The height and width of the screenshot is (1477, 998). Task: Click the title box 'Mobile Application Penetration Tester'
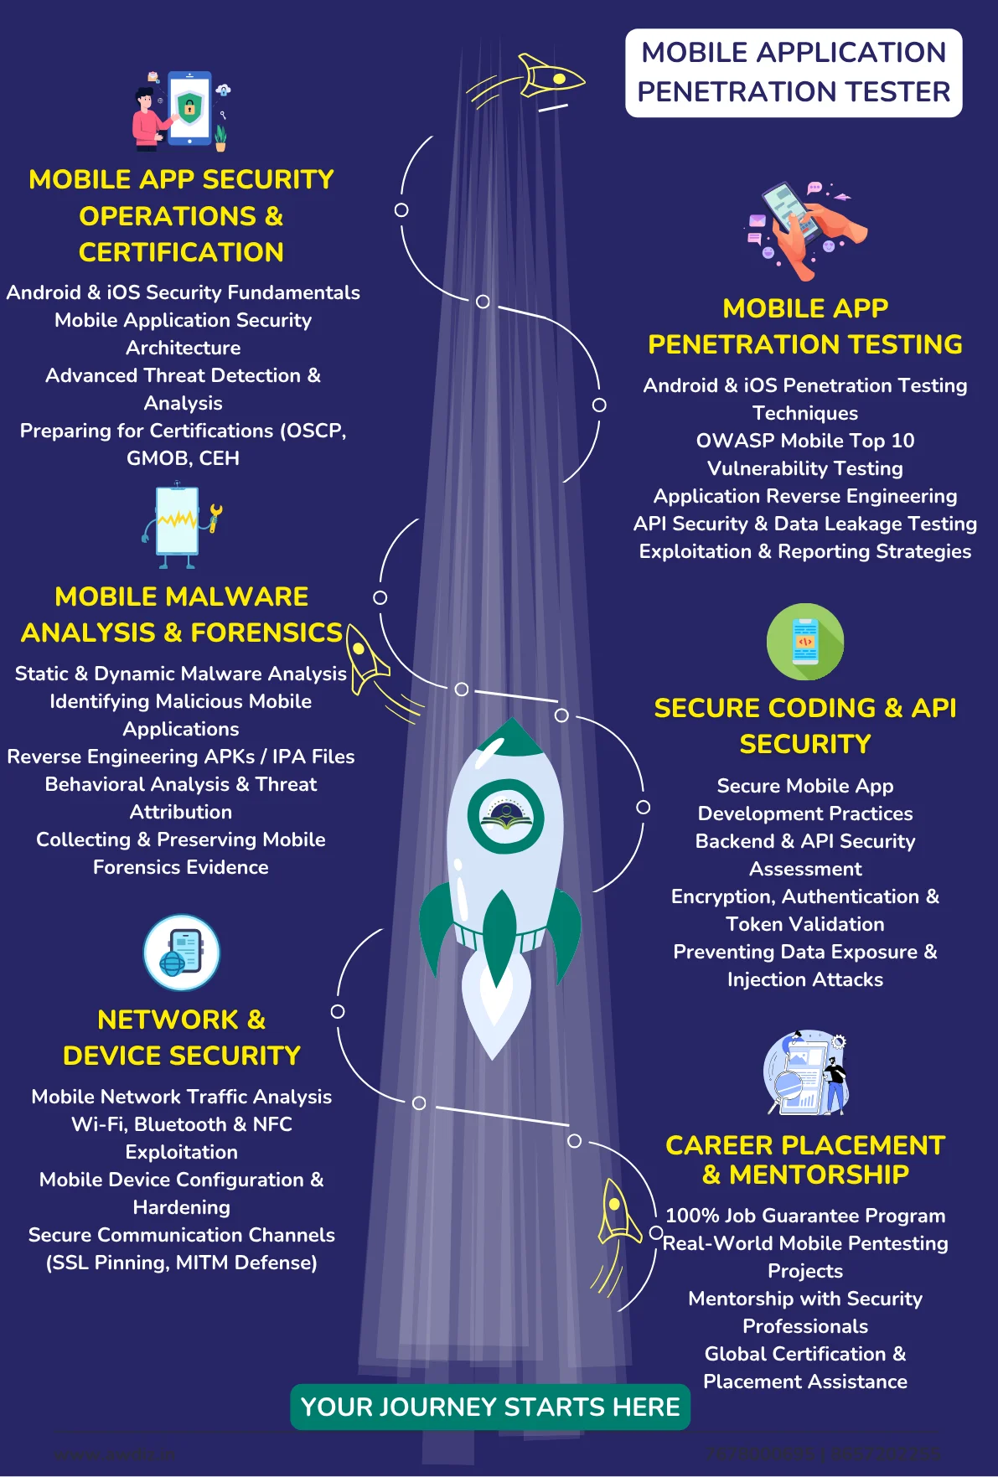click(x=793, y=73)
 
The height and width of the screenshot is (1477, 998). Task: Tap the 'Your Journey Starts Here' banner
click(x=490, y=1407)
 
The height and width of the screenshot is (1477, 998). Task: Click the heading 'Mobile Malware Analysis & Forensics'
click(x=181, y=614)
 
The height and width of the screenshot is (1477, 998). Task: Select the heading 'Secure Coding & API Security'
click(x=804, y=726)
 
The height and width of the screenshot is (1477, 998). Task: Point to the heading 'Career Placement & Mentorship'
click(x=804, y=1159)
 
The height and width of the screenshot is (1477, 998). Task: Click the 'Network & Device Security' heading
click(x=181, y=1037)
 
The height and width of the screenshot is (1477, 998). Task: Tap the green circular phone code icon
click(x=804, y=642)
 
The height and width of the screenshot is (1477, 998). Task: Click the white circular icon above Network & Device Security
click(x=182, y=953)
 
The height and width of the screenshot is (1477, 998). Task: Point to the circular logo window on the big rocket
click(x=505, y=816)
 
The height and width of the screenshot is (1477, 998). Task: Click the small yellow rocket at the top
click(x=549, y=78)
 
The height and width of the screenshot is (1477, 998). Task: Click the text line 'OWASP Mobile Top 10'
click(x=804, y=441)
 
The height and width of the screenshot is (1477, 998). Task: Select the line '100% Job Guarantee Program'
click(x=804, y=1216)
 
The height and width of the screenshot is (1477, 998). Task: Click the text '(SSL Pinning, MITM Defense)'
click(x=181, y=1263)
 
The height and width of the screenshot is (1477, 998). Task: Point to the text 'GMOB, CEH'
click(x=183, y=458)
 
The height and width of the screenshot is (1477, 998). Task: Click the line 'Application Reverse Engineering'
click(x=804, y=496)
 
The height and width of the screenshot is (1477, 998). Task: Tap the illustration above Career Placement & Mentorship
click(x=806, y=1073)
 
